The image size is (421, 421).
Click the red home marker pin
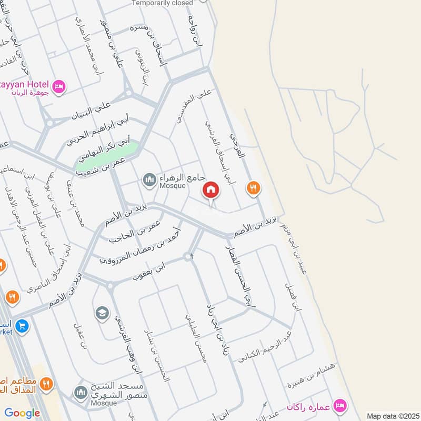point(211,190)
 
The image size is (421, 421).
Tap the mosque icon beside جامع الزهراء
point(149,181)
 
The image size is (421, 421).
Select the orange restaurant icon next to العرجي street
point(254,187)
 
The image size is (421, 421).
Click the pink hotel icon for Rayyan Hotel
point(59,86)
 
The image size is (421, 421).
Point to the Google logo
point(22,413)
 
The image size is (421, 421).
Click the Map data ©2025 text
point(392,416)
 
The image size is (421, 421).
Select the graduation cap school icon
point(102,314)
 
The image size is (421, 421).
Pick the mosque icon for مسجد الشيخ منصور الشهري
point(81,392)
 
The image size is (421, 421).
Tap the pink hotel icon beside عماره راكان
point(340,406)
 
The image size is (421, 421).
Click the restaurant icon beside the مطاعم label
point(46,383)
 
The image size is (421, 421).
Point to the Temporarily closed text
point(163,3)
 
